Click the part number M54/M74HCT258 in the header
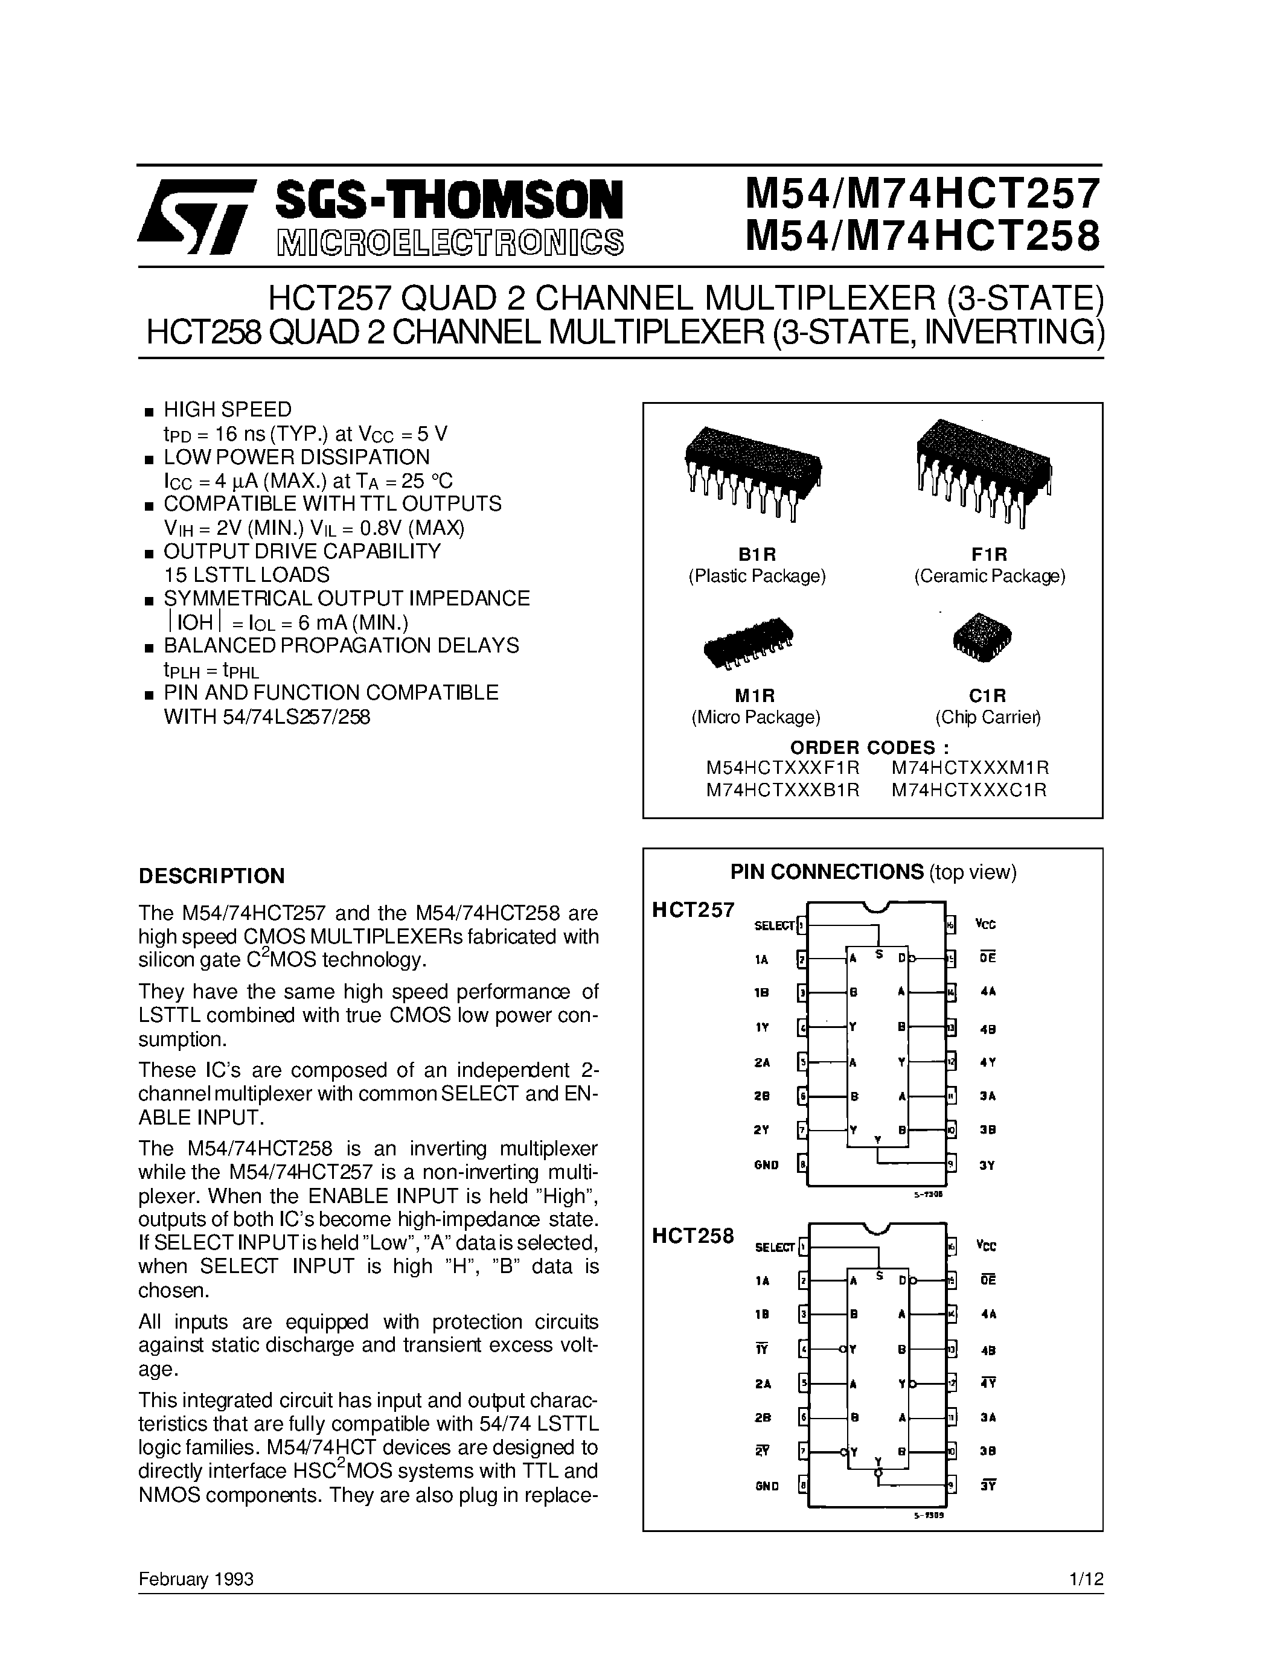pos(922,235)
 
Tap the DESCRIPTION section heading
pos(211,876)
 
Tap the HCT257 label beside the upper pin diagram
pos(693,910)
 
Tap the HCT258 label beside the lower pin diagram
pos(693,1236)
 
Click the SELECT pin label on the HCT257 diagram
pos(774,926)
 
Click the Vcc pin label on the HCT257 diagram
pos(986,924)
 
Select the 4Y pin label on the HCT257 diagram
pos(987,1062)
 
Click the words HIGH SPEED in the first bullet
pos(227,410)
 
